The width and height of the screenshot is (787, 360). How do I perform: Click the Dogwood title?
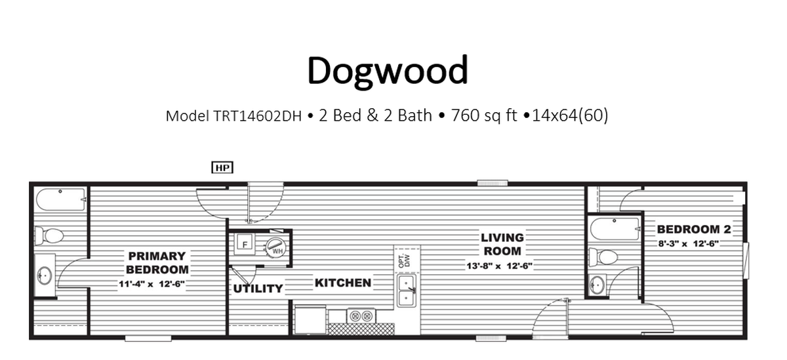pyautogui.click(x=388, y=71)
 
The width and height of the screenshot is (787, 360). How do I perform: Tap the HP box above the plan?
pyautogui.click(x=222, y=167)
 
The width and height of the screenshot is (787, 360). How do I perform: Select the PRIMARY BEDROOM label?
pyautogui.click(x=157, y=263)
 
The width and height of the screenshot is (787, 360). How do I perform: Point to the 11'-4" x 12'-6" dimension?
pyautogui.click(x=151, y=284)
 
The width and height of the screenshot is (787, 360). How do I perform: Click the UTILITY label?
pyautogui.click(x=258, y=289)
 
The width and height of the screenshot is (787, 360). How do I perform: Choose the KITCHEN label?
pyautogui.click(x=343, y=283)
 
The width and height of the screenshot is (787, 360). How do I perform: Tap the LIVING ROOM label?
pyautogui.click(x=502, y=245)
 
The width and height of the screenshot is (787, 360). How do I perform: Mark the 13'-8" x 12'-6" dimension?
pyautogui.click(x=499, y=266)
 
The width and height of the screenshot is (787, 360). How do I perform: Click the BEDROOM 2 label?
pyautogui.click(x=694, y=230)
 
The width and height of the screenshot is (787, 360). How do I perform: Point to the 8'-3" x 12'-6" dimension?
pyautogui.click(x=689, y=243)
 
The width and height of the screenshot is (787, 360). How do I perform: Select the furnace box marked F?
pyautogui.click(x=245, y=243)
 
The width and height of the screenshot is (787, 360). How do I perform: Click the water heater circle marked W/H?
pyautogui.click(x=275, y=248)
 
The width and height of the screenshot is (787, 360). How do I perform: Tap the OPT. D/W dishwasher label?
pyautogui.click(x=405, y=260)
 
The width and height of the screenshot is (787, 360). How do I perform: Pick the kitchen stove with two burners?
pyautogui.click(x=361, y=316)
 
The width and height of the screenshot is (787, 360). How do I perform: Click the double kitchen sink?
pyautogui.click(x=407, y=291)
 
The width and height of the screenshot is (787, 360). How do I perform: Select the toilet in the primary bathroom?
pyautogui.click(x=49, y=235)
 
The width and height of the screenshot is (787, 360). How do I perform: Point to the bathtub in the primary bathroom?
pyautogui.click(x=61, y=200)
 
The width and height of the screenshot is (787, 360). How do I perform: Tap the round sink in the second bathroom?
pyautogui.click(x=597, y=285)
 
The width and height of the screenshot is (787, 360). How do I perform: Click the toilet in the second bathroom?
pyautogui.click(x=603, y=257)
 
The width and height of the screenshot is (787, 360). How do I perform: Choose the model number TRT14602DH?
pyautogui.click(x=258, y=116)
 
